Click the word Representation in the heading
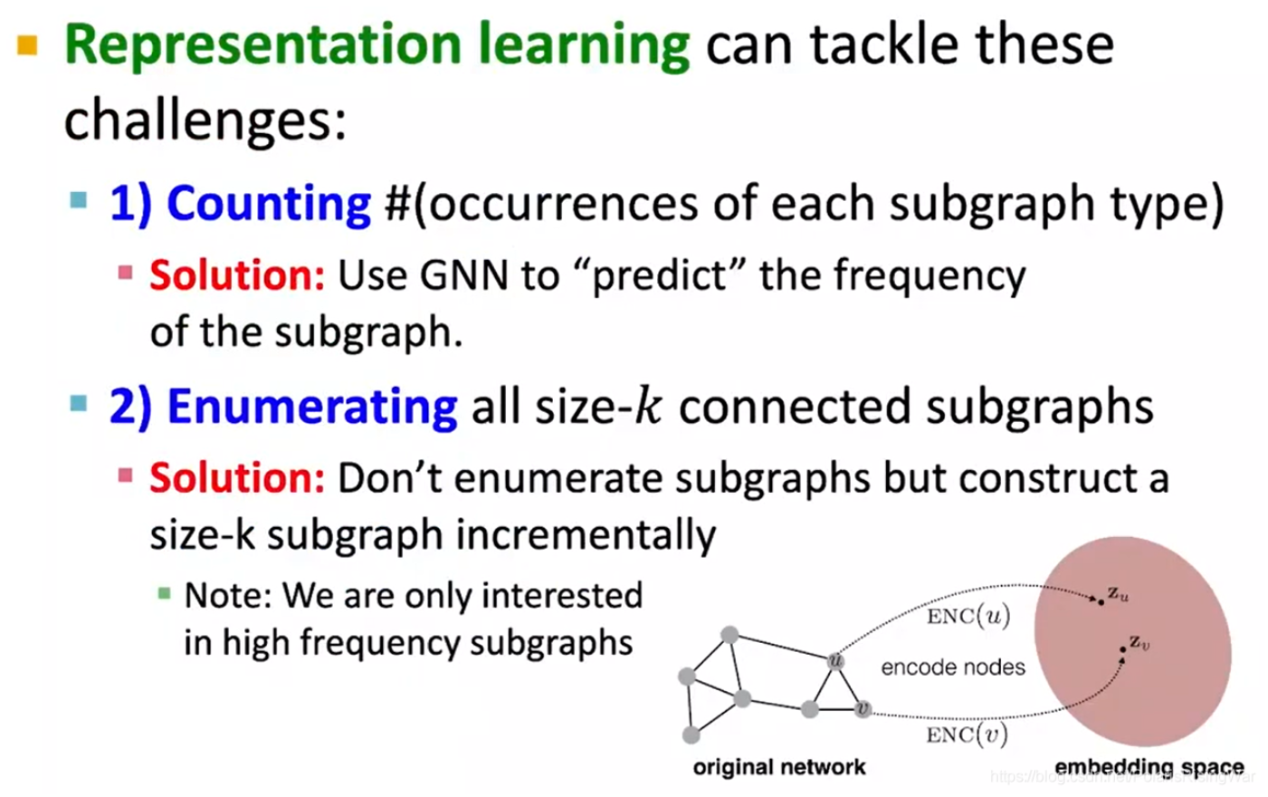(263, 45)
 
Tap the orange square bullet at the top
(28, 44)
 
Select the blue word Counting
(268, 203)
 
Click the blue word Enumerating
(311, 407)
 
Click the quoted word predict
(659, 275)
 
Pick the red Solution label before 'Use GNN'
(236, 275)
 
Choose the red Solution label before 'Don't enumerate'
(236, 477)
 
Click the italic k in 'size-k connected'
(648, 407)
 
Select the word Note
(226, 596)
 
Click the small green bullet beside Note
(164, 594)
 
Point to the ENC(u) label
(968, 617)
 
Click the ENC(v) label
(966, 735)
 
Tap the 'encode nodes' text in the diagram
(952, 667)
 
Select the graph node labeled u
(835, 660)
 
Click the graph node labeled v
(863, 708)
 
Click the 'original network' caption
(778, 767)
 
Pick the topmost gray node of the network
(729, 635)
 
